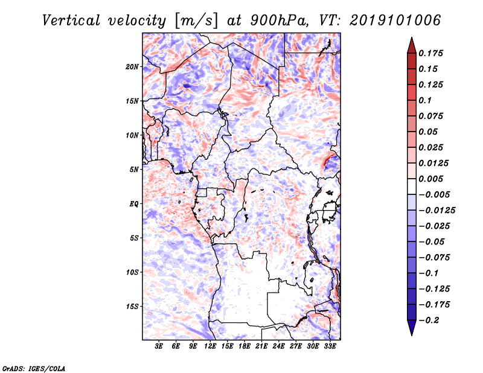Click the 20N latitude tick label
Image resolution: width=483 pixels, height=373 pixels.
(x=132, y=67)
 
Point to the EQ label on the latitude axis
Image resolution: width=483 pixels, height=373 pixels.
(x=133, y=204)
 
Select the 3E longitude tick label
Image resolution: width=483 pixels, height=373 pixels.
(x=159, y=346)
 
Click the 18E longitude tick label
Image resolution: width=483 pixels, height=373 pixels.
(x=245, y=346)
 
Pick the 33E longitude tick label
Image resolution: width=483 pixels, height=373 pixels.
(x=330, y=346)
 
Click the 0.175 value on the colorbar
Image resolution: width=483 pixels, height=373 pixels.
(x=430, y=53)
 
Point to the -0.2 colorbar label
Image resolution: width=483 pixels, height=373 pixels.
(x=429, y=320)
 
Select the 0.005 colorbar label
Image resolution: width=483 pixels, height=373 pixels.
(x=430, y=179)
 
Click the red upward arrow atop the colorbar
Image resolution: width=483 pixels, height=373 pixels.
(x=412, y=45)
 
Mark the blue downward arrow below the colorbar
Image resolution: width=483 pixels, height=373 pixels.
(x=412, y=328)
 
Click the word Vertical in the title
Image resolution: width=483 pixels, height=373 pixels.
(x=71, y=21)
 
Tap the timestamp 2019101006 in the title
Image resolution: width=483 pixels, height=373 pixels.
(x=395, y=21)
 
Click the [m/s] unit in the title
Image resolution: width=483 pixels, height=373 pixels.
(x=196, y=21)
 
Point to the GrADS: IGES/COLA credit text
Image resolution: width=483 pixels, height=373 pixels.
(x=34, y=368)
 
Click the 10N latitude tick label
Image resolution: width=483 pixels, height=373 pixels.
(x=132, y=135)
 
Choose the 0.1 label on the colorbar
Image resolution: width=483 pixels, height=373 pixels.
(x=425, y=100)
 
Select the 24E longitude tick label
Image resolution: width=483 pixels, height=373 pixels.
(x=278, y=346)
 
